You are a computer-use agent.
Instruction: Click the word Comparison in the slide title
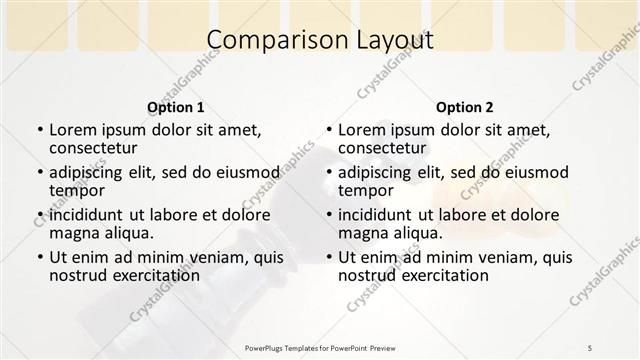tap(264, 41)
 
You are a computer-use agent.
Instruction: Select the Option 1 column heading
tap(176, 107)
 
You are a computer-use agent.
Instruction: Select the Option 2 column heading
tap(465, 107)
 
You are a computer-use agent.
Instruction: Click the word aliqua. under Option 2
tap(418, 233)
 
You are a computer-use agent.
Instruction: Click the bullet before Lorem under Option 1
tap(39, 130)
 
